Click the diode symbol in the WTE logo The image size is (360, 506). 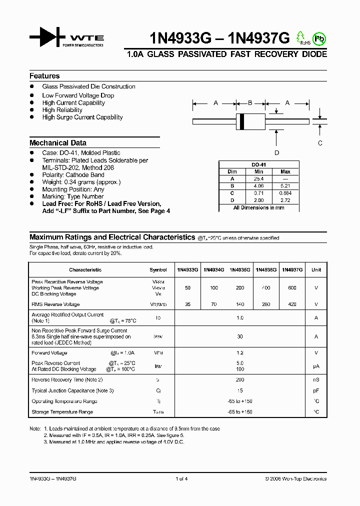[47, 37]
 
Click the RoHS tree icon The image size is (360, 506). [300, 36]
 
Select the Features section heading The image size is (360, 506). [44, 76]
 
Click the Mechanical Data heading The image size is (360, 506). [58, 142]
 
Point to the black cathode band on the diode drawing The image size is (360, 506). [242, 120]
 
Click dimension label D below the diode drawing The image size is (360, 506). [276, 153]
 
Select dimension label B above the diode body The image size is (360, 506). [250, 103]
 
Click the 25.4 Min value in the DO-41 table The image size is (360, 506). [258, 178]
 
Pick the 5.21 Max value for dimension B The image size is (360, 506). [285, 185]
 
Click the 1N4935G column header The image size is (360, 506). [240, 270]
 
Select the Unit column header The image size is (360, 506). [316, 270]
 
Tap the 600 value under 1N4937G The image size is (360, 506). [292, 288]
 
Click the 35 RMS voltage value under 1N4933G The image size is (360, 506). [187, 304]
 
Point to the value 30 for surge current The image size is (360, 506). [240, 336]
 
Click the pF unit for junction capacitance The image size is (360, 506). [316, 390]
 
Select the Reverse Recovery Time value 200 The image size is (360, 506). [240, 380]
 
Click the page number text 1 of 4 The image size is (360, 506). [181, 478]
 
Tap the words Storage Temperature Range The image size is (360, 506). [62, 412]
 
